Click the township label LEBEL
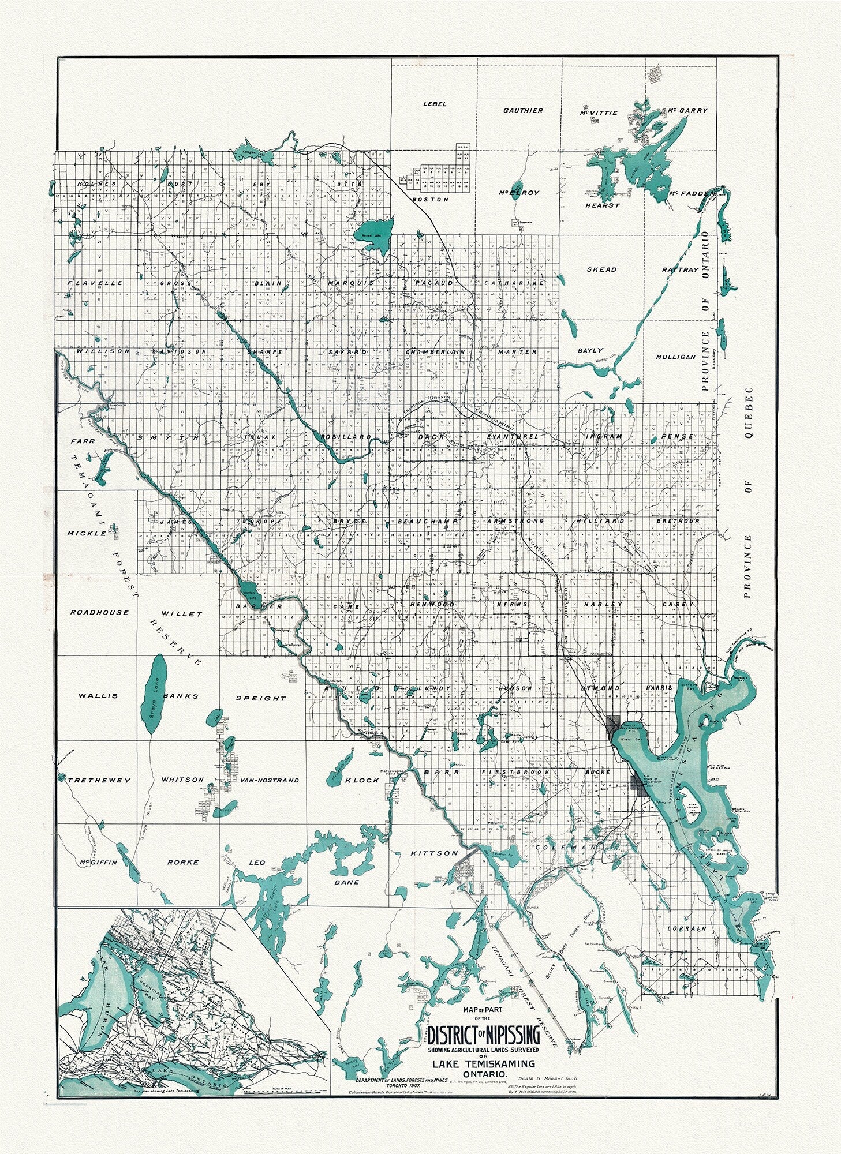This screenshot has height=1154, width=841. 435,104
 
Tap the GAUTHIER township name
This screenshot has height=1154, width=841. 523,110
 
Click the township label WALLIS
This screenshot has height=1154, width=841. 98,696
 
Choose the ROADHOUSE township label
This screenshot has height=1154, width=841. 99,612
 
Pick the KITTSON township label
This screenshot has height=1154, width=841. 442,853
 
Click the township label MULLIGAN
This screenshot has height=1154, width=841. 675,357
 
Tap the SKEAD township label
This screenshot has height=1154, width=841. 601,269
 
